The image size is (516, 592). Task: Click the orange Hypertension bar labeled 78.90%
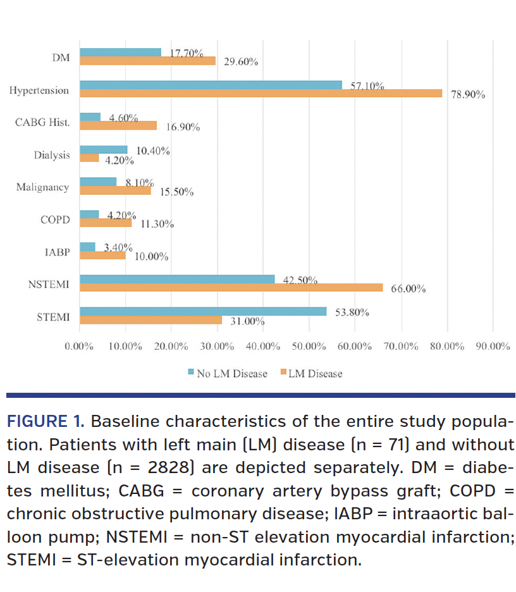click(x=261, y=94)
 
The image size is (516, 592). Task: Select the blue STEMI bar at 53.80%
click(x=202, y=311)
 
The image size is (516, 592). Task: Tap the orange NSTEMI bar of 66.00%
click(x=231, y=288)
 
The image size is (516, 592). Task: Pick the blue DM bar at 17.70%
click(x=120, y=52)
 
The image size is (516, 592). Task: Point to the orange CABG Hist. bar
click(x=118, y=126)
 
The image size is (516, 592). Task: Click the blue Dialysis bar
click(x=103, y=150)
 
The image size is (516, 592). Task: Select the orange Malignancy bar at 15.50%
click(x=115, y=190)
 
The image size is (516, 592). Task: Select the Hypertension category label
click(x=39, y=90)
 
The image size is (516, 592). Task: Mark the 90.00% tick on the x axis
click(x=493, y=347)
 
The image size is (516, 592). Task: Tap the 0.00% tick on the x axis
click(x=79, y=347)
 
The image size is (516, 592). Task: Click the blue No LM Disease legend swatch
click(x=191, y=373)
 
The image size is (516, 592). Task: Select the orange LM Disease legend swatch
click(x=282, y=373)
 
